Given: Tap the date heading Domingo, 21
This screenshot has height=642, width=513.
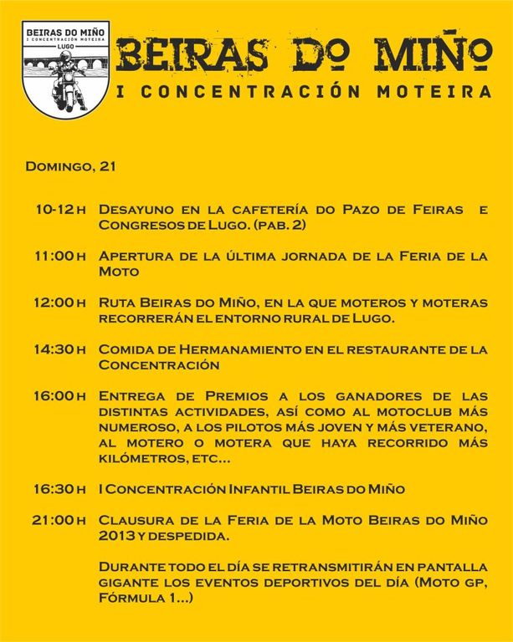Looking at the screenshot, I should [x=70, y=166].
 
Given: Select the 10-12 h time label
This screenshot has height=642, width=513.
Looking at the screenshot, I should [x=60, y=210].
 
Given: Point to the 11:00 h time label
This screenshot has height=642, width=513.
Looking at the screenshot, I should [x=60, y=256].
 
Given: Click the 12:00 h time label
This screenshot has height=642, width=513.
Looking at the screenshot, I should [x=60, y=303].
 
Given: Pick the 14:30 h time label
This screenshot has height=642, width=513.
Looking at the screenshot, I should [x=60, y=349].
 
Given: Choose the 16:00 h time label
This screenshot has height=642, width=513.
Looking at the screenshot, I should [x=60, y=395].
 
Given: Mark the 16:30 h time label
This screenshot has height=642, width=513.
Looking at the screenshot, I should [x=60, y=488].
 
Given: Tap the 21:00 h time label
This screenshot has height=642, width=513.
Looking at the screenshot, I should [x=60, y=519].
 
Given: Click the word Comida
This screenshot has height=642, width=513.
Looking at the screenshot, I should [x=124, y=349].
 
